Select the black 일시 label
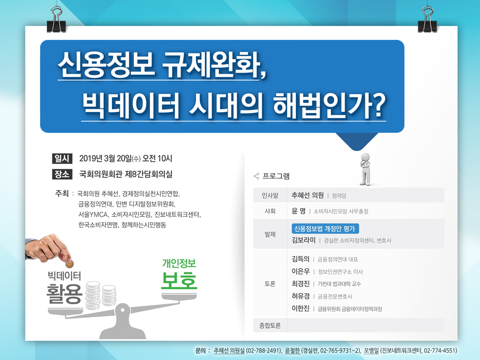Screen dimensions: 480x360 62,158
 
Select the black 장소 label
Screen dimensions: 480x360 62,174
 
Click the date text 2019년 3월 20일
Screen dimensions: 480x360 105,158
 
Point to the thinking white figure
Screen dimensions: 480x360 365,169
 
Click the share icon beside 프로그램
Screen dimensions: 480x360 256,176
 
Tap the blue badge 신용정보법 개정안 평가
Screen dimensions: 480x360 325,229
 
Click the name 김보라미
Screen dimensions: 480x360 303,240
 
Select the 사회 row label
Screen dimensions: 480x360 270,211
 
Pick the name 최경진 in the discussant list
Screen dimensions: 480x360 300,284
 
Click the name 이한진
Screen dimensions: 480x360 300,308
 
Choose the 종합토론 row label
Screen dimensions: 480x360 270,325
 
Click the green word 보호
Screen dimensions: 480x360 179,280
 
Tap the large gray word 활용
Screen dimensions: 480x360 65,293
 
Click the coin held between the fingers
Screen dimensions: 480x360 70,263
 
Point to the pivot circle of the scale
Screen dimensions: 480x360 122,310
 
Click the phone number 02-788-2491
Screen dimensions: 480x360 263,351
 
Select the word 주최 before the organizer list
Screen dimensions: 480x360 62,194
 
